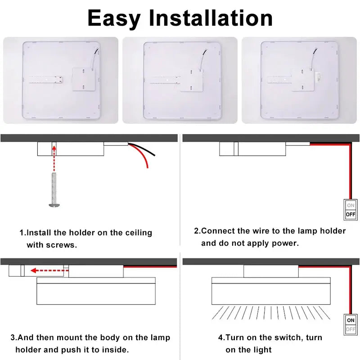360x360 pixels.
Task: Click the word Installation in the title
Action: (211, 18)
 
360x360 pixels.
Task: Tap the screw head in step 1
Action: (54, 205)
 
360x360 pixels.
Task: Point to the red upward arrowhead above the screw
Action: (54, 148)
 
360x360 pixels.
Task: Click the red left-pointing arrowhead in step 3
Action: (34, 270)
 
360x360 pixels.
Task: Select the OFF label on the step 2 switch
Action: (351, 215)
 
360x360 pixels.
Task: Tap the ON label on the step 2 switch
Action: (351, 205)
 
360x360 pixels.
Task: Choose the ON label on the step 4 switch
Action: (351, 320)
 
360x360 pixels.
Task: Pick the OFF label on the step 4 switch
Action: (351, 329)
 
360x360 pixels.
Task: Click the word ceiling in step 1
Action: (139, 233)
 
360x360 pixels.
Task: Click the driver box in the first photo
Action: (84, 80)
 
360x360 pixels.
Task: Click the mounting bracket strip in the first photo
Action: (46, 80)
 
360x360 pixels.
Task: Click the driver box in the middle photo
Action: (192, 81)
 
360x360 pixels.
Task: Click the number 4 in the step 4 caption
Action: (220, 338)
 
